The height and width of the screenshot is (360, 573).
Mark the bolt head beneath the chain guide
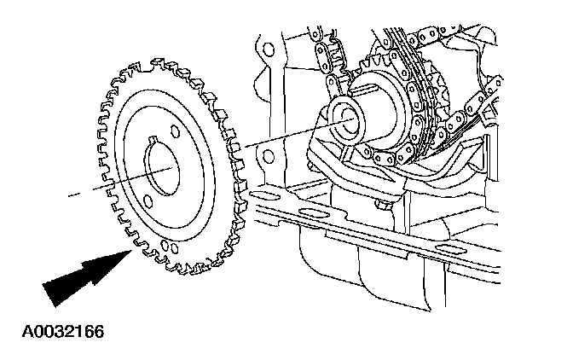[x=381, y=206]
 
